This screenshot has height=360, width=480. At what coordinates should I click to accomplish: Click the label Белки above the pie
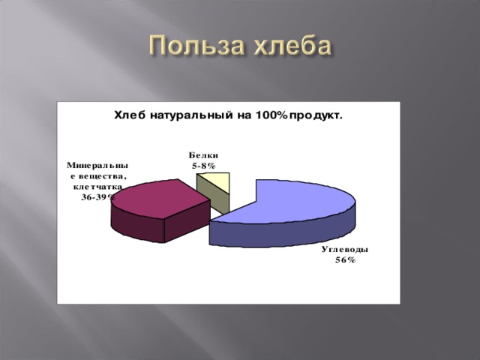pos(203,155)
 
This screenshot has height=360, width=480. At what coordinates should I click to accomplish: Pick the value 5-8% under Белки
pos(203,166)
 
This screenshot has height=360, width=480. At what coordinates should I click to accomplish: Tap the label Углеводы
pos(345,250)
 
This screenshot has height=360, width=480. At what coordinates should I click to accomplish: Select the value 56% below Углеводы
pos(345,260)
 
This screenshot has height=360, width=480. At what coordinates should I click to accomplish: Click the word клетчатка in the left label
pos(98,187)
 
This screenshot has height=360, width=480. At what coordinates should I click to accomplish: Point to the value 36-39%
pos(98,197)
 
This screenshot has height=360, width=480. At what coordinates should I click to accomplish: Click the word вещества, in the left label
pos(102,177)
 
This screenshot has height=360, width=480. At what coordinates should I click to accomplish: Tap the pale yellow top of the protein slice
pos(216,181)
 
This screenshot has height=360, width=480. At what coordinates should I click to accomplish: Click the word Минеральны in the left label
pos(97,166)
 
